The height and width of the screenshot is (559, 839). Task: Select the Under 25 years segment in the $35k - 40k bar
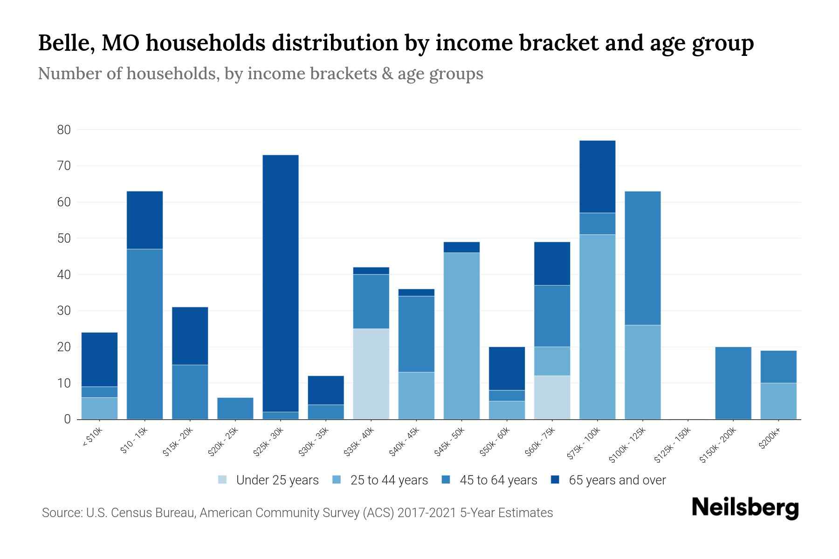pyautogui.click(x=371, y=374)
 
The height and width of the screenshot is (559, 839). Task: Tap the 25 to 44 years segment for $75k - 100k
pyautogui.click(x=597, y=327)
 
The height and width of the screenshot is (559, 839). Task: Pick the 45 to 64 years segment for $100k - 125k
pyautogui.click(x=642, y=258)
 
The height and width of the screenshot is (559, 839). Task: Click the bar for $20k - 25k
pyautogui.click(x=235, y=409)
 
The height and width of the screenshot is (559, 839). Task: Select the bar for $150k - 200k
pyautogui.click(x=733, y=383)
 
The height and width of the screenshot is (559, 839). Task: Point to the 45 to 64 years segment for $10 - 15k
pyautogui.click(x=144, y=334)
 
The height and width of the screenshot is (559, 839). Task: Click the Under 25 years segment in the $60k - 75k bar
pyautogui.click(x=552, y=397)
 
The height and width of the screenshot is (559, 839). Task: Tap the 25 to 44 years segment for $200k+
pyautogui.click(x=778, y=401)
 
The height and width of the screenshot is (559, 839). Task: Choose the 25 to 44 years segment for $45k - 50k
pyautogui.click(x=461, y=336)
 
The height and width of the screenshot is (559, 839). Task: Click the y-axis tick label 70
pyautogui.click(x=64, y=166)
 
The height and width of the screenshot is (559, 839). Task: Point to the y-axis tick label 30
pyautogui.click(x=64, y=311)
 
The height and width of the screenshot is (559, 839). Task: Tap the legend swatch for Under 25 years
pyautogui.click(x=223, y=480)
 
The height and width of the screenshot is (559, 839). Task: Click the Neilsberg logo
pyautogui.click(x=745, y=508)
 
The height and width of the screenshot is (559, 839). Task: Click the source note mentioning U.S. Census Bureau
pyautogui.click(x=297, y=513)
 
